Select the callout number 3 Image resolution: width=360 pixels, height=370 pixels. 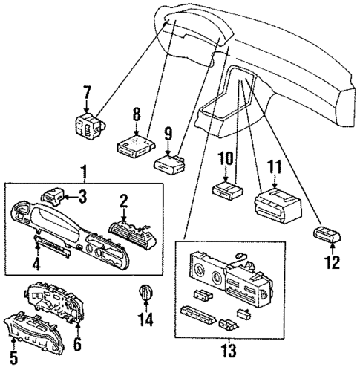[x=82, y=196]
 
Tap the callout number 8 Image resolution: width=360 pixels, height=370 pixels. [x=135, y=115]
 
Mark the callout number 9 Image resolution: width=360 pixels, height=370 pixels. [x=168, y=134]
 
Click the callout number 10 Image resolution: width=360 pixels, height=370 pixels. [x=225, y=158]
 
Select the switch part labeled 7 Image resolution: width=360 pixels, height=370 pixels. [x=87, y=123]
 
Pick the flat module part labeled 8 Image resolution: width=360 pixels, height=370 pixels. [x=134, y=143]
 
